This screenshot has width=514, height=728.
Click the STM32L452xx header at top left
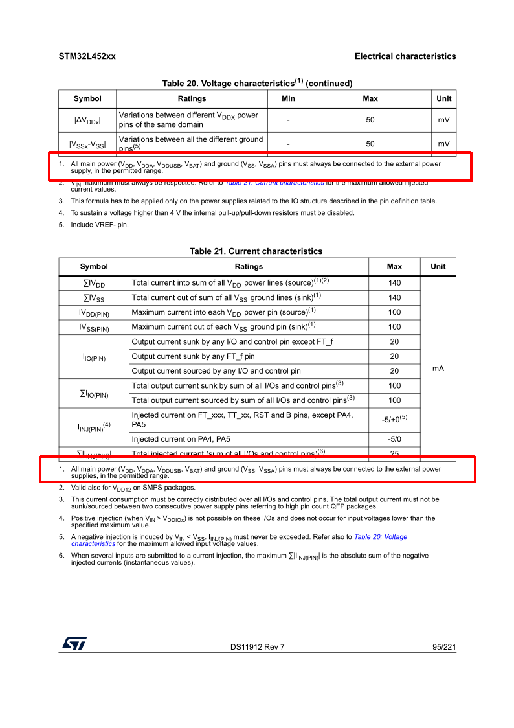[87, 56]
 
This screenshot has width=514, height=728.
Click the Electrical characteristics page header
[405, 56]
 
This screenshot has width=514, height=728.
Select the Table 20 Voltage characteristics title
[257, 83]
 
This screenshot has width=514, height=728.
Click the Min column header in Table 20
[288, 98]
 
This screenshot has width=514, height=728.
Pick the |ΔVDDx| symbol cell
[87, 120]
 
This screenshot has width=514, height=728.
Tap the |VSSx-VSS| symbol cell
[87, 144]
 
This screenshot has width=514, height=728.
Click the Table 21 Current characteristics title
[256, 251]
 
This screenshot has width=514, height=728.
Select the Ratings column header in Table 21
[249, 266]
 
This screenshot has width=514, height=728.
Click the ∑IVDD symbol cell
[94, 283]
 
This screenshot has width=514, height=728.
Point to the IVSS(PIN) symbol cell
[94, 327]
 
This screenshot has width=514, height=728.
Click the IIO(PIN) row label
[94, 357]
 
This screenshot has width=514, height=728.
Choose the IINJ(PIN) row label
[94, 426]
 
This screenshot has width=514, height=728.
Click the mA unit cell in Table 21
[438, 368]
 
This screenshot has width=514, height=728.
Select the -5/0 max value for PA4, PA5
[394, 439]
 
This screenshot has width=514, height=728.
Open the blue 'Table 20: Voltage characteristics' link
[381, 537]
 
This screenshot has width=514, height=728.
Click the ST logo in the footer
[74, 643]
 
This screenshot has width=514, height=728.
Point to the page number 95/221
[444, 647]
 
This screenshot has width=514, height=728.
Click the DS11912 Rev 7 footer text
[257, 647]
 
